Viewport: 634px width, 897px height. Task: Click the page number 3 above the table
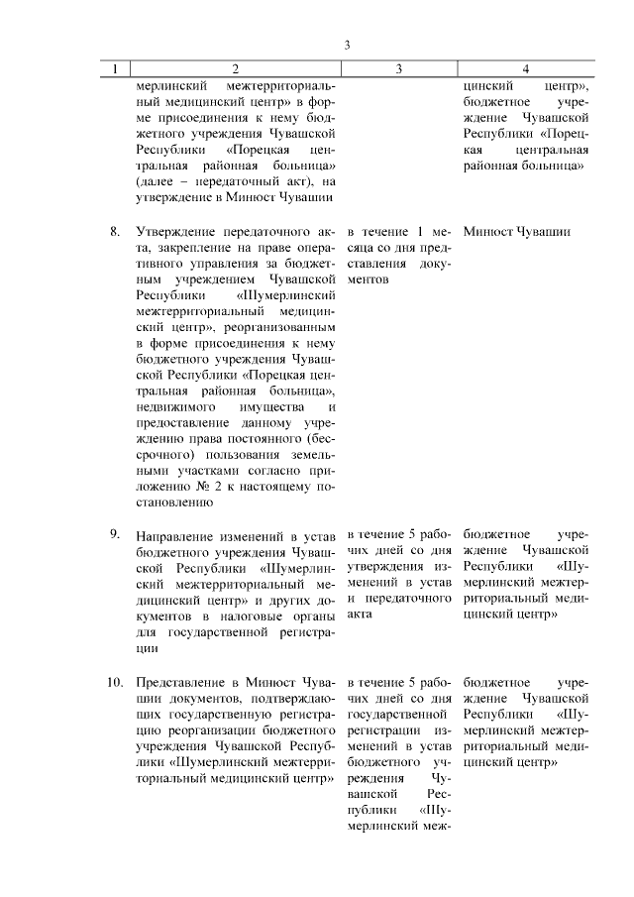point(347,45)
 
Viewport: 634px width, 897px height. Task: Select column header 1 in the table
point(115,68)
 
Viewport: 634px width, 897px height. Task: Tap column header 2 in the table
point(235,68)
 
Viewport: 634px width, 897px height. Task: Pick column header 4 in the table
point(525,68)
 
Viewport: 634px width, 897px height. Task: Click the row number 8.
point(115,232)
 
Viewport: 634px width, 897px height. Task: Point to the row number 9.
point(115,535)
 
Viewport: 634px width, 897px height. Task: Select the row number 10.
point(115,683)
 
